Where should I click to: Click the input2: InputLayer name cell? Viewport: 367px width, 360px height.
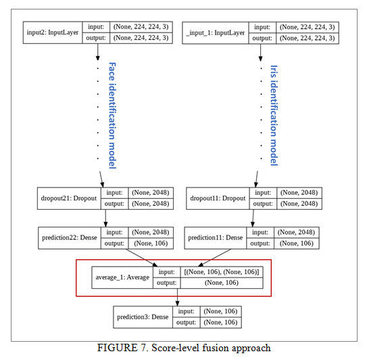click(x=53, y=32)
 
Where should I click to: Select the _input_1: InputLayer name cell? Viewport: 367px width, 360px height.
click(x=216, y=32)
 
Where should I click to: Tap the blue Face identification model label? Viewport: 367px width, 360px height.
click(x=112, y=116)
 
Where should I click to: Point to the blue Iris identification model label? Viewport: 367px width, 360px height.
click(x=274, y=116)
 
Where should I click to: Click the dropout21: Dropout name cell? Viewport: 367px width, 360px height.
click(x=69, y=198)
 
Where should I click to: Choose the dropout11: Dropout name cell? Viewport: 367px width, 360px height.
click(x=218, y=198)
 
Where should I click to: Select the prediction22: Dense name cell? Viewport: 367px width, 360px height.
click(x=70, y=238)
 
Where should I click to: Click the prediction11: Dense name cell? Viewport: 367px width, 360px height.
click(x=216, y=238)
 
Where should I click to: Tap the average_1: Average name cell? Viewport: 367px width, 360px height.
click(x=122, y=277)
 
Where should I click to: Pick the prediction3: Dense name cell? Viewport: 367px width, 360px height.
click(x=143, y=317)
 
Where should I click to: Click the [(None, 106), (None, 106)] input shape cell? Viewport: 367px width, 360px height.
click(x=222, y=272)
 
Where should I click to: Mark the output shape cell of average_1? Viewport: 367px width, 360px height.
click(x=222, y=283)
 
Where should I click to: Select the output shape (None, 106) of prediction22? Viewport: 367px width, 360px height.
click(x=151, y=244)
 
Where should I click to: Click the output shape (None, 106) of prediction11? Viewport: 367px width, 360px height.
click(x=297, y=244)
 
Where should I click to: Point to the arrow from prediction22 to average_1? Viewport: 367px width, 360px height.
click(x=142, y=258)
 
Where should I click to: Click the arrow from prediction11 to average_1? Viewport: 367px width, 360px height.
click(x=214, y=258)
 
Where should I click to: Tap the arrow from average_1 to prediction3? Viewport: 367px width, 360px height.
click(x=177, y=297)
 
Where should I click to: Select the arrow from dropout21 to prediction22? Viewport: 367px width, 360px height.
click(x=105, y=218)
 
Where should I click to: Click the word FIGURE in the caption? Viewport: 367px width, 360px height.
click(x=118, y=348)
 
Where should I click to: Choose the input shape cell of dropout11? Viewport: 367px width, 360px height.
click(x=299, y=193)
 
